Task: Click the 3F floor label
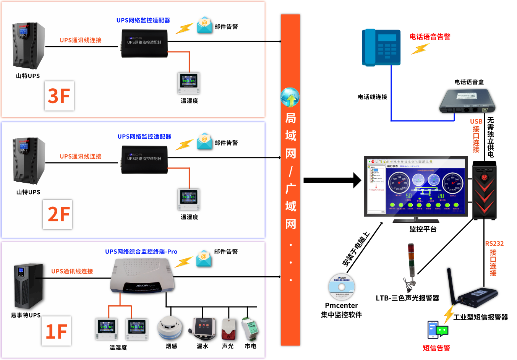coord(59,96)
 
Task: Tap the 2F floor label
coord(57,214)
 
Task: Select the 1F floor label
coord(56,331)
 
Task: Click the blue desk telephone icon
coord(381,47)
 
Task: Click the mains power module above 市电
coord(250,328)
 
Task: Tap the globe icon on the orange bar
coord(290,97)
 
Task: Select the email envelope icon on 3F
coord(204,25)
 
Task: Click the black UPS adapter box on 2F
coord(145,160)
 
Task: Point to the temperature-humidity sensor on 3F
coord(189,83)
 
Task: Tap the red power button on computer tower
coord(484,177)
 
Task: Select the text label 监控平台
coord(423,229)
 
